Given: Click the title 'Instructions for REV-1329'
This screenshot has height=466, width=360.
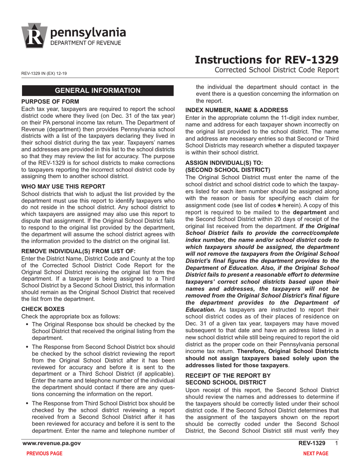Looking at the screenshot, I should (x=266, y=60).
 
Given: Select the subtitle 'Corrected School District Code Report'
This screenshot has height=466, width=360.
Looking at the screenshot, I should (x=276, y=70).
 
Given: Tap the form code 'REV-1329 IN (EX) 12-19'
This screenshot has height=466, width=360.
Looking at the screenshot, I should (x=45, y=73).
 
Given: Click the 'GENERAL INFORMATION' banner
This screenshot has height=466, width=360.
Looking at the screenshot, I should (x=98, y=91).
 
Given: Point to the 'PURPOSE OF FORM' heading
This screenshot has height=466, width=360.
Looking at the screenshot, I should (x=50, y=102).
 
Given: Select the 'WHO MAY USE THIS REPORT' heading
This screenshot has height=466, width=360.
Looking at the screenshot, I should (x=64, y=186).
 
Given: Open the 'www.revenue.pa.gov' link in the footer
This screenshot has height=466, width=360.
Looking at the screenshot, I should (x=52, y=443).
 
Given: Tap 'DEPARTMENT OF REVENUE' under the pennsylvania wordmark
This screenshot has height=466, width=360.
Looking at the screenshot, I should (x=86, y=43).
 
